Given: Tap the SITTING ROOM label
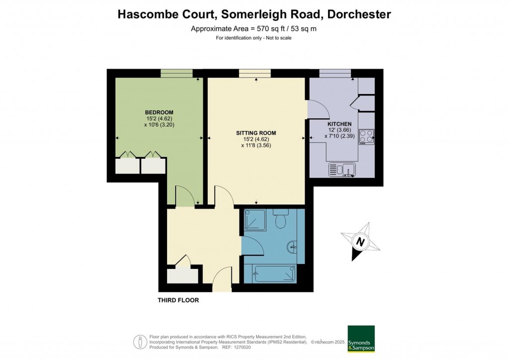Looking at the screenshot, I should [x=256, y=133].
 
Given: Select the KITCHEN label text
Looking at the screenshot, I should [x=339, y=124].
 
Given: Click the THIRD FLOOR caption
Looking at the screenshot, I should [x=178, y=300].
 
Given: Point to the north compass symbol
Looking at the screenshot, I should [x=359, y=242].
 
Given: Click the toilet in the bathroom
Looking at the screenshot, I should [x=281, y=218].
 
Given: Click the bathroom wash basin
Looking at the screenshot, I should [x=293, y=245].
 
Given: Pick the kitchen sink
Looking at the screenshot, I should [x=342, y=170].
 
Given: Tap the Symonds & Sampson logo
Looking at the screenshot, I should [x=361, y=339].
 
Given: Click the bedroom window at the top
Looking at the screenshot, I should [x=176, y=74].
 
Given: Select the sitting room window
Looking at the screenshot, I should [x=255, y=74].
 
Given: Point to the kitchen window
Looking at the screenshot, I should [x=335, y=74].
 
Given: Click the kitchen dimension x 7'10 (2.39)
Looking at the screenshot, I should [x=339, y=136].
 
